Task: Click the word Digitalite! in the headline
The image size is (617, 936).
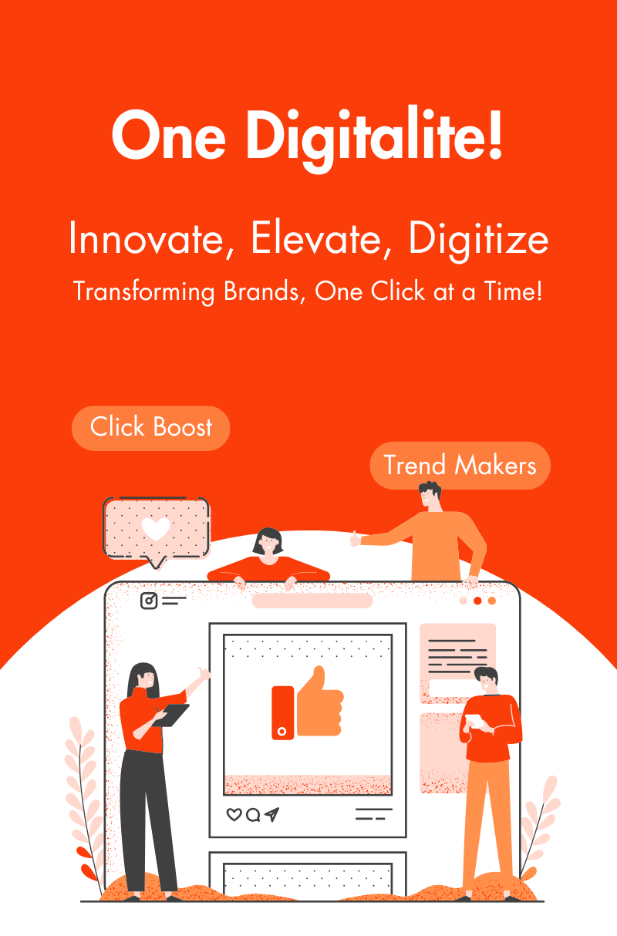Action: pos(374,139)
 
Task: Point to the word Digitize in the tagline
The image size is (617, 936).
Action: pos(479,241)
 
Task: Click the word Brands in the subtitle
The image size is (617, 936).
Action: pos(261,291)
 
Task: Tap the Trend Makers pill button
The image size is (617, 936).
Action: pos(460,465)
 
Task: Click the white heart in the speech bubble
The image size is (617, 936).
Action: pos(156,529)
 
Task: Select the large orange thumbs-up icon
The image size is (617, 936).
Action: pos(308,703)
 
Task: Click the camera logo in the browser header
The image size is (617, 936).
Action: pos(149,601)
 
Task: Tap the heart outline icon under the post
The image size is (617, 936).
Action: pos(234,814)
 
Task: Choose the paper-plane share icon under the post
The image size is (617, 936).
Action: pos(271,814)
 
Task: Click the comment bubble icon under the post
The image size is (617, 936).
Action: pos(253,815)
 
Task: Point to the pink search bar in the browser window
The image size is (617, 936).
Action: pos(312,601)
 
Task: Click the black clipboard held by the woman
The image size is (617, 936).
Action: pos(171,715)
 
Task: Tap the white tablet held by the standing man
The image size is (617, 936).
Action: pos(474,720)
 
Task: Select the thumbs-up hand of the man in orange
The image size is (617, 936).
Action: pos(356,539)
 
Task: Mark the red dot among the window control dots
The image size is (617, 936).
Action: pos(477,601)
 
